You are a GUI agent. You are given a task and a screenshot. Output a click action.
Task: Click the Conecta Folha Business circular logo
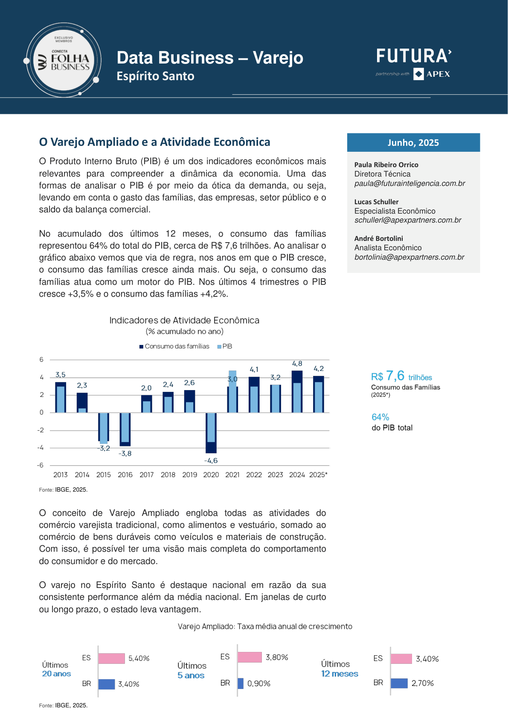tap(64, 60)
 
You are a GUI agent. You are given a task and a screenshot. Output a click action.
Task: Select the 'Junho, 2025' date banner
tap(413, 142)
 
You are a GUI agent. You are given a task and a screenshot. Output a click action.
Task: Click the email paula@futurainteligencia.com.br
tap(409, 183)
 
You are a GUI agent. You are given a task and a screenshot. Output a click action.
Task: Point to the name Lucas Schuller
tap(376, 202)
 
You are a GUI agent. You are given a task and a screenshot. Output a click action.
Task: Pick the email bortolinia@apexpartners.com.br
tap(409, 257)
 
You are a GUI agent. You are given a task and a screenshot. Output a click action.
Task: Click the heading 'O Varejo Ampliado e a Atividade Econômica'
tap(154, 142)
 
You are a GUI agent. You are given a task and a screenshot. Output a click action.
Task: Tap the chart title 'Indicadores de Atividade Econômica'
tap(184, 320)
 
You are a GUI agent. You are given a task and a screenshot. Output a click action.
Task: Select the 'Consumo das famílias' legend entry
tap(174, 346)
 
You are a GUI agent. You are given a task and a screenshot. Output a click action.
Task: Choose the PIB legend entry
tap(224, 346)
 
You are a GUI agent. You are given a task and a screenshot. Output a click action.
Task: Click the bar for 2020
tap(211, 433)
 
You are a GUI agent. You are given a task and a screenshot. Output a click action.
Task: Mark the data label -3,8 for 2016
tap(125, 454)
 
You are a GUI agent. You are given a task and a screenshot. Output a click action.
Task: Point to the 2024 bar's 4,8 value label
tap(297, 364)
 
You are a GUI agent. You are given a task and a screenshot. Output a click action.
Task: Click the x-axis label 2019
tap(189, 475)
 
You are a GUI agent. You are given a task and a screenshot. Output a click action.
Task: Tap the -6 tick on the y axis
tap(40, 465)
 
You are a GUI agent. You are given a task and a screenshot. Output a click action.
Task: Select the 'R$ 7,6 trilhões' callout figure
tap(401, 376)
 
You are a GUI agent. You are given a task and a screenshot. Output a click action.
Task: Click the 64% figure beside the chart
tap(380, 417)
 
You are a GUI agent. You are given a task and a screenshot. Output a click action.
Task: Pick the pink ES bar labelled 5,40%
tap(112, 658)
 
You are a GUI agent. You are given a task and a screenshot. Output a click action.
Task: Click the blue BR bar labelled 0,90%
tap(241, 683)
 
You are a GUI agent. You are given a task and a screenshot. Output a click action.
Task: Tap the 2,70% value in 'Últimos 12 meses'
tap(423, 683)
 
